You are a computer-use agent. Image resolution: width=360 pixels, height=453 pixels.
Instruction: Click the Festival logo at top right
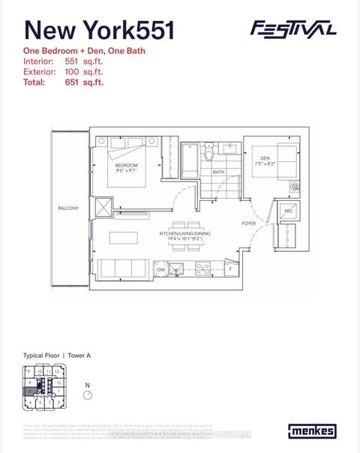pyautogui.click(x=292, y=29)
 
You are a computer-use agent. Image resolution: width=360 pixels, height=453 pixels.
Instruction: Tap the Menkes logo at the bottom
pyautogui.click(x=310, y=431)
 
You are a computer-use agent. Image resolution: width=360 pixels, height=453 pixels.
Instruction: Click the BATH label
pyautogui.click(x=218, y=172)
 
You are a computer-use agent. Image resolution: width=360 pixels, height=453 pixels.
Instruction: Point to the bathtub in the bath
pyautogui.click(x=190, y=159)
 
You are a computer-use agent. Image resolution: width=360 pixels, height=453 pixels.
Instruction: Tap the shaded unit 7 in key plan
pyautogui.click(x=28, y=391)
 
